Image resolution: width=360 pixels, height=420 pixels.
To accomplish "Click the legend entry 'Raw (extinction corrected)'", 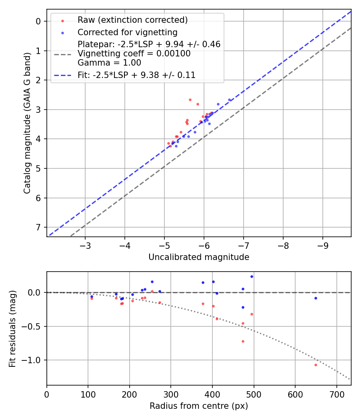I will (x=132, y=20).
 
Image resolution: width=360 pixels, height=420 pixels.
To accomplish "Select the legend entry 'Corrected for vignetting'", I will (x=128, y=32).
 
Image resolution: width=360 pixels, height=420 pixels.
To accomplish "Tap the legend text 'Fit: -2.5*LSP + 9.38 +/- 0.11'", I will (x=136, y=75).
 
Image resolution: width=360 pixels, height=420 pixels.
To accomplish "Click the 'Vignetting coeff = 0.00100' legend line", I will (x=134, y=54).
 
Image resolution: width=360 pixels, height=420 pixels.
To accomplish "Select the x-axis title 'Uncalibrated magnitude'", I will (x=199, y=257).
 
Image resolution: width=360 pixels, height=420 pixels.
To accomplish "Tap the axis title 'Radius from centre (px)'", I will (x=199, y=406).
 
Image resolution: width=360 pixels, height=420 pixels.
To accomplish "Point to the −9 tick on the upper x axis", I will (x=323, y=244).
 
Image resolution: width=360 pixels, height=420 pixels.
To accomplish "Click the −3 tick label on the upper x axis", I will (x=85, y=244).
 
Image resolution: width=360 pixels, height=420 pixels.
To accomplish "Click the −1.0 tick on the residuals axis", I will (x=34, y=360).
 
